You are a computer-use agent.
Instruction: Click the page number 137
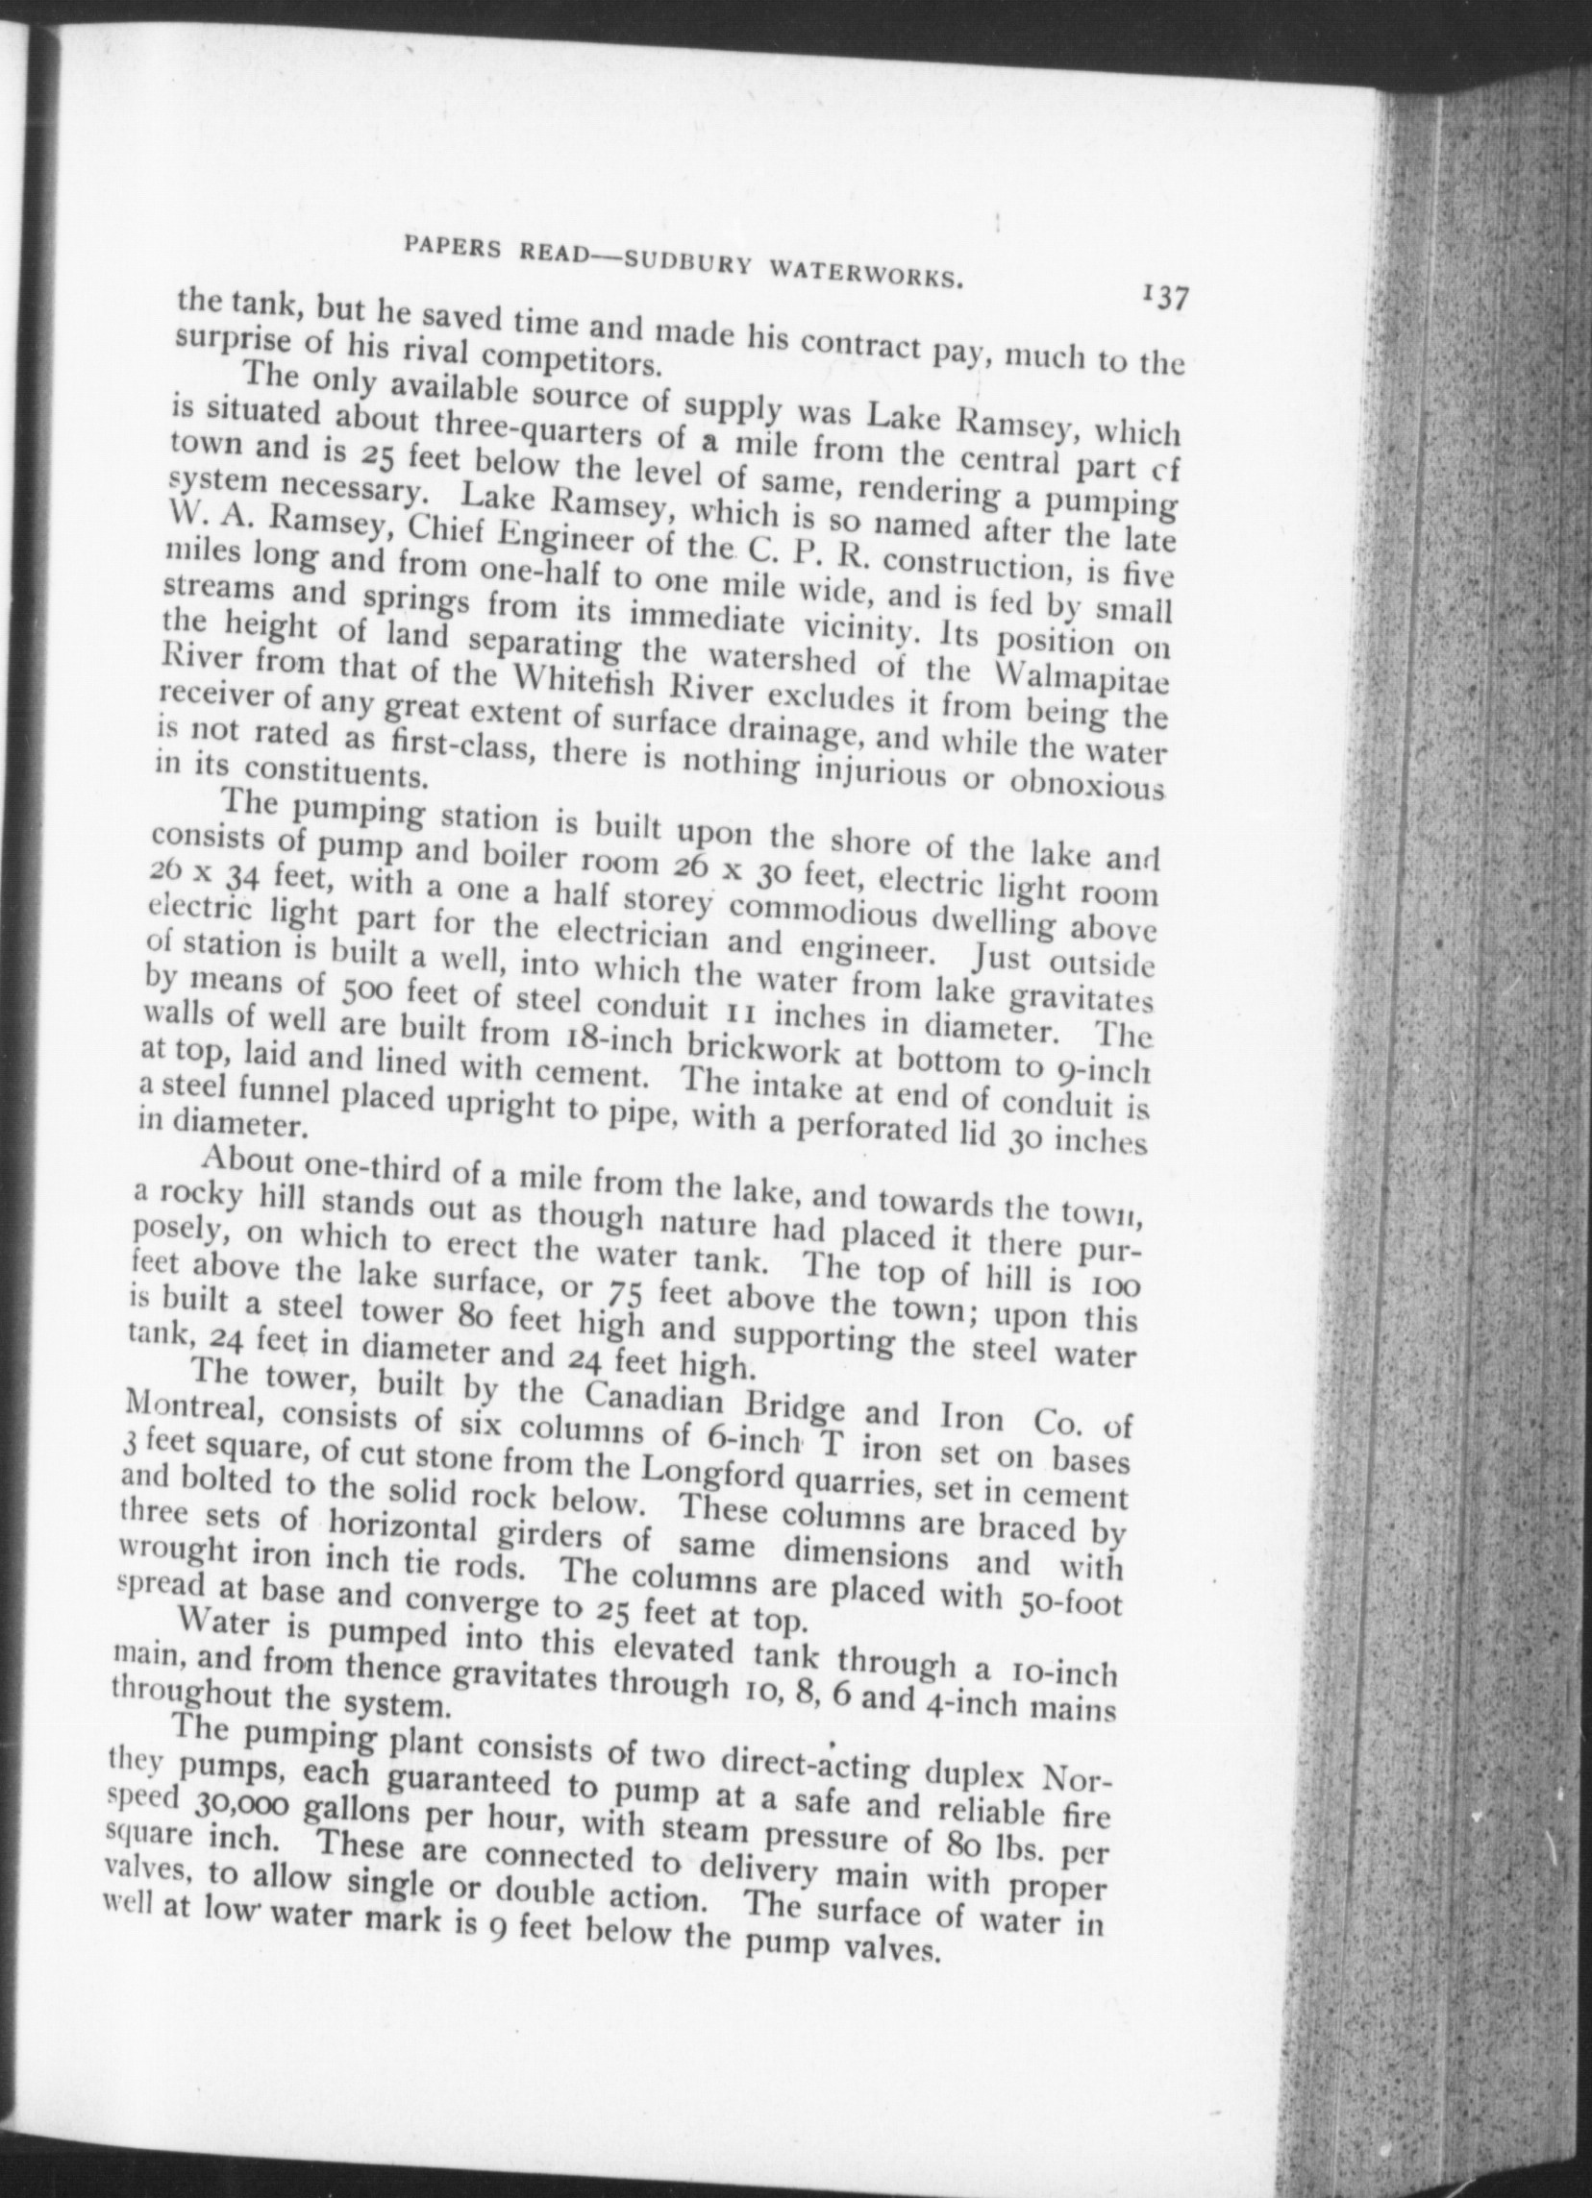pos(1165,298)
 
